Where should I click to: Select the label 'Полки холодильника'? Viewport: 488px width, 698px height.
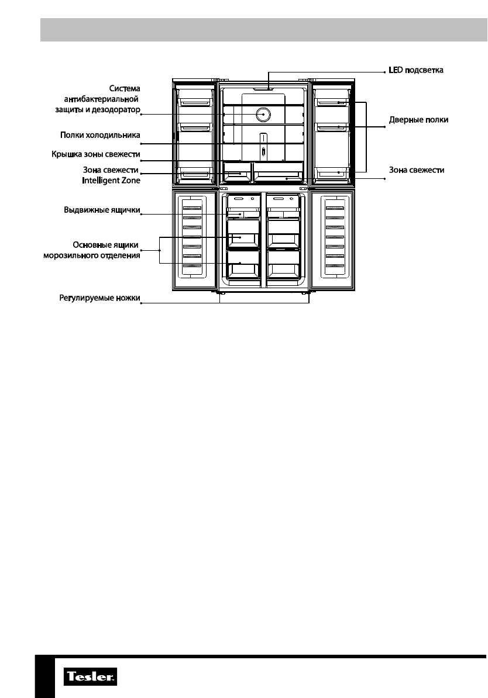tap(100, 135)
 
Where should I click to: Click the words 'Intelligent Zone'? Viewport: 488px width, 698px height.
tap(111, 181)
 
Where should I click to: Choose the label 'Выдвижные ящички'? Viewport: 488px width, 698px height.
tap(102, 209)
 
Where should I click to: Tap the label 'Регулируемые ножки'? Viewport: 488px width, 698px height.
tap(99, 298)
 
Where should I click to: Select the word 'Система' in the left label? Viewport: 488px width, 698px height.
tap(124, 88)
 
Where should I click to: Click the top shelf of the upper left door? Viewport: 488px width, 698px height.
tap(194, 101)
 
